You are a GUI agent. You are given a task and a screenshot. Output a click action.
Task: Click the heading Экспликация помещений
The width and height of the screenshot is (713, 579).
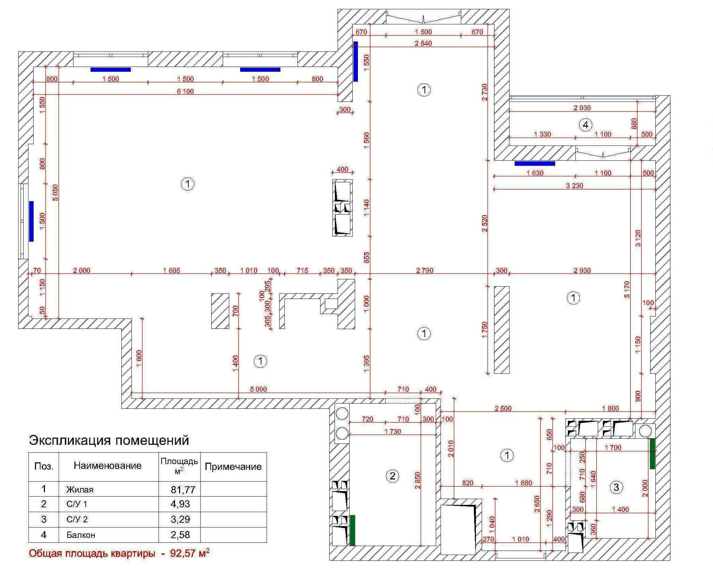pyautogui.click(x=109, y=440)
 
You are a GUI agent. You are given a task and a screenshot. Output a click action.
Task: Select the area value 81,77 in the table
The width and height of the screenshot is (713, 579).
pyautogui.click(x=183, y=489)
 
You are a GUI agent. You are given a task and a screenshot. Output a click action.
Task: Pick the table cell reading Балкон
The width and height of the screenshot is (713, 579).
pyautogui.click(x=81, y=535)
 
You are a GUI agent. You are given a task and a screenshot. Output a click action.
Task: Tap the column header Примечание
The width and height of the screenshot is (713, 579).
pyautogui.click(x=233, y=467)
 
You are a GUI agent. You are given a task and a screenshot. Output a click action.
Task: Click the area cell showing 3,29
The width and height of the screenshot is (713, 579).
pyautogui.click(x=180, y=519)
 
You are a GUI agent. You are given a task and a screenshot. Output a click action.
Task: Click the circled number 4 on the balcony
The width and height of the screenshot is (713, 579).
pyautogui.click(x=585, y=125)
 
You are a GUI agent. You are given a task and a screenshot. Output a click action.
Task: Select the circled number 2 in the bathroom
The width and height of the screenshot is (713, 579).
pyautogui.click(x=393, y=476)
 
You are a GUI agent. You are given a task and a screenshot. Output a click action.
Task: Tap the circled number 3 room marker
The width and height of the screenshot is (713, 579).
pyautogui.click(x=616, y=487)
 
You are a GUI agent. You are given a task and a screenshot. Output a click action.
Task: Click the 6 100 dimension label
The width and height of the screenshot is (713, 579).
pyautogui.click(x=185, y=91)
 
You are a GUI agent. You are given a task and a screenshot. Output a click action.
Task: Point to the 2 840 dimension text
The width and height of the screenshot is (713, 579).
pyautogui.click(x=423, y=43)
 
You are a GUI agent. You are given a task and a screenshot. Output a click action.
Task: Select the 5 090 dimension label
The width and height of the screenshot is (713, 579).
pyautogui.click(x=258, y=389)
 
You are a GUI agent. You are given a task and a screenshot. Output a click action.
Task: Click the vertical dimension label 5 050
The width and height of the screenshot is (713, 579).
pyautogui.click(x=55, y=193)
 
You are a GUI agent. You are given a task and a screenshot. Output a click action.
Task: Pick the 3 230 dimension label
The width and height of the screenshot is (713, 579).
pyautogui.click(x=574, y=186)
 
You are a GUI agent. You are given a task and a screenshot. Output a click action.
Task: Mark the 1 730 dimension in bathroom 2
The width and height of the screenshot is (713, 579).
pyautogui.click(x=393, y=431)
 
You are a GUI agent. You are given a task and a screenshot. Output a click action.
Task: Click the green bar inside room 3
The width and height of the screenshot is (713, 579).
pyautogui.click(x=652, y=453)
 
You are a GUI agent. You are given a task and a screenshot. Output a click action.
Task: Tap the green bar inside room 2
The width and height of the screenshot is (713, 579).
pyautogui.click(x=352, y=530)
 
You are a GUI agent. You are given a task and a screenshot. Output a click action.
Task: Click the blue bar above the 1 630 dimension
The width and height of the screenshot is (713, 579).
pyautogui.click(x=535, y=164)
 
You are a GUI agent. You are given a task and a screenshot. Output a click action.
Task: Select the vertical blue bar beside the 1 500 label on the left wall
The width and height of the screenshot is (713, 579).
pyautogui.click(x=31, y=221)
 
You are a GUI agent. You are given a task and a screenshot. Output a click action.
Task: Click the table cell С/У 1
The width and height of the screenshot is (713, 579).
pyautogui.click(x=77, y=504)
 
